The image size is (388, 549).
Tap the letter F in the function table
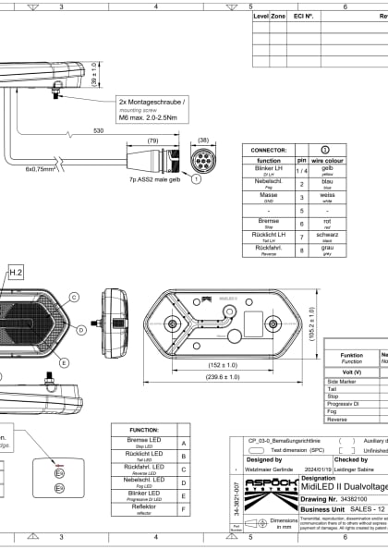[x=186, y=507]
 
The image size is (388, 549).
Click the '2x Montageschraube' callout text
[x=153, y=101]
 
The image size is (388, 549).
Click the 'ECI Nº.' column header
[x=303, y=16]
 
